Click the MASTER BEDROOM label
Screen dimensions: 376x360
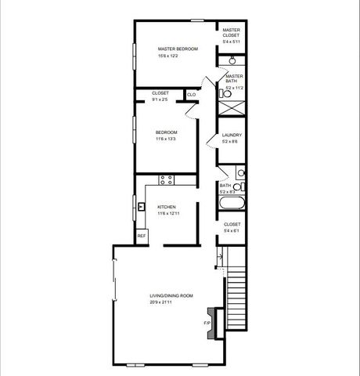178,49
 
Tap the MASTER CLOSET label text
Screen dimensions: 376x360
231,33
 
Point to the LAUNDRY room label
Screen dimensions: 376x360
232,135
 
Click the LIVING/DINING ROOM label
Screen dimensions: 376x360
171,295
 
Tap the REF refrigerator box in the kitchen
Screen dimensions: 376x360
142,236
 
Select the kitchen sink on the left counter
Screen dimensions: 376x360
141,208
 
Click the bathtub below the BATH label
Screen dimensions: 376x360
231,205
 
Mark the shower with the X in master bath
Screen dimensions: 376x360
232,109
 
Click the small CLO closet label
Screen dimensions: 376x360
191,95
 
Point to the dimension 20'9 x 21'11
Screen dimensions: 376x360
171,302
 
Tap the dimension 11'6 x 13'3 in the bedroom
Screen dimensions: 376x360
167,139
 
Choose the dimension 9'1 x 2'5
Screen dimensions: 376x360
160,99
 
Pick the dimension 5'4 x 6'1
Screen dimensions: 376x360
232,230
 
